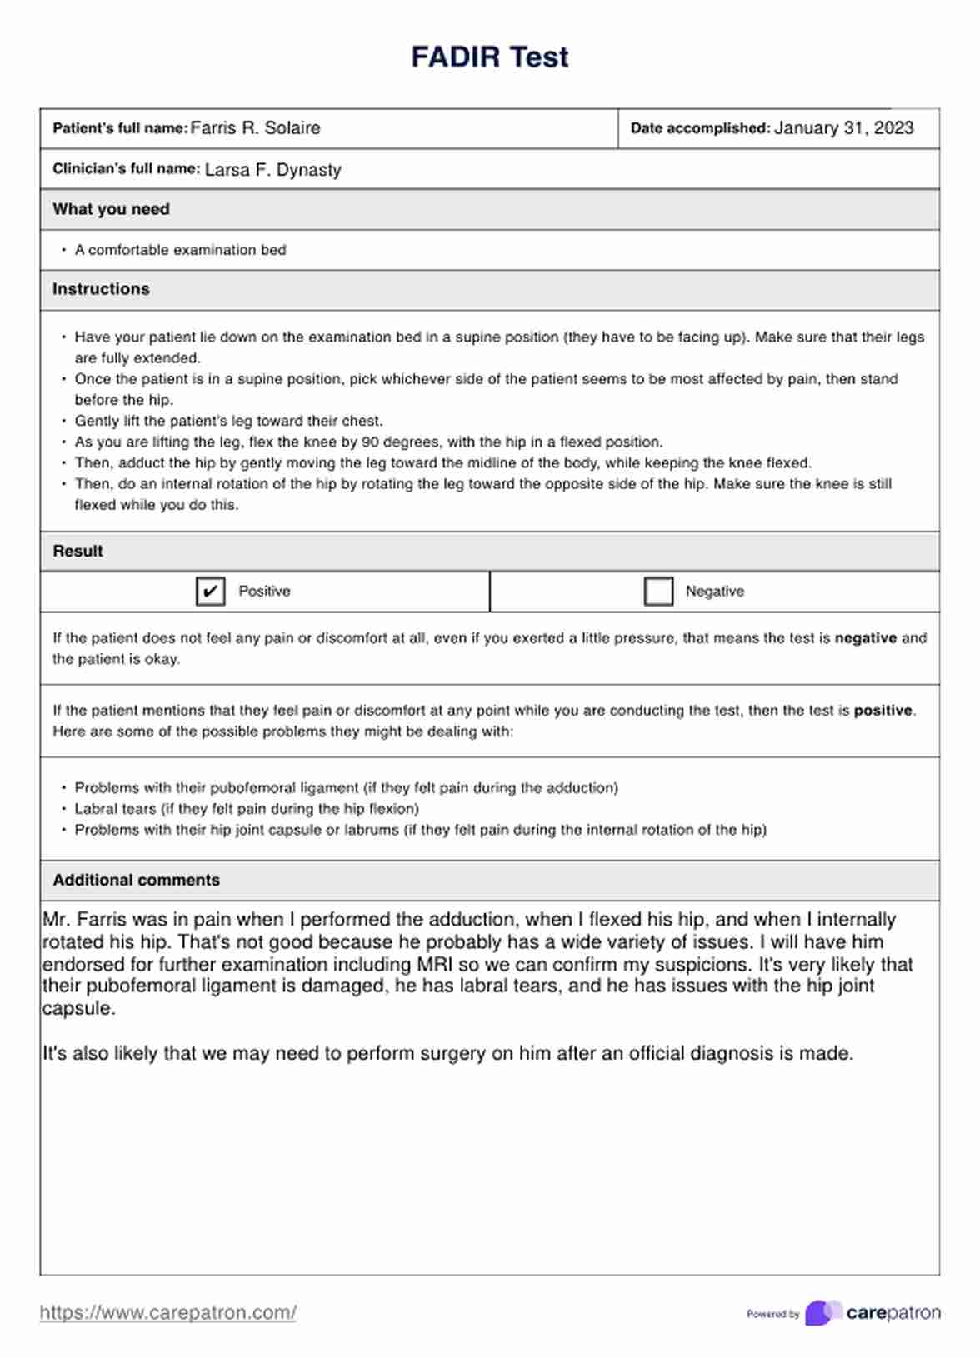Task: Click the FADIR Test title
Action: click(x=489, y=57)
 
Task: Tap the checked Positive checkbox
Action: click(x=210, y=592)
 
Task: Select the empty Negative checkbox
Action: click(x=658, y=592)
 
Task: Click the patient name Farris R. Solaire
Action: click(x=255, y=128)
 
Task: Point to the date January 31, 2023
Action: click(x=843, y=128)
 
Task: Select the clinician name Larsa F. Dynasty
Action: click(x=272, y=170)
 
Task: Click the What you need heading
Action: click(x=111, y=209)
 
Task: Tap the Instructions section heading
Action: click(x=101, y=289)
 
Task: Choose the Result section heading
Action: click(x=77, y=551)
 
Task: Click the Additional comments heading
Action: click(x=136, y=880)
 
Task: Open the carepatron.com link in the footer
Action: click(x=167, y=1312)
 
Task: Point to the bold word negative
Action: click(x=865, y=638)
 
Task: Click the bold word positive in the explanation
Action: click(x=882, y=711)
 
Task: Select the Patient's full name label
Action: click(x=120, y=128)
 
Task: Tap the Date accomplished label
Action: click(x=700, y=128)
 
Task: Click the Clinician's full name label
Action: click(x=126, y=169)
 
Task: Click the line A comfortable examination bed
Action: click(x=180, y=250)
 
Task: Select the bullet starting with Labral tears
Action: click(x=247, y=809)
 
